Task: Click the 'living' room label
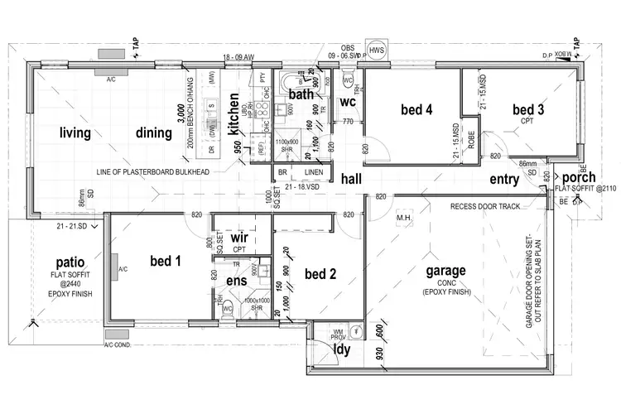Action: click(75, 132)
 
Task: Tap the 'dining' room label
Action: click(154, 132)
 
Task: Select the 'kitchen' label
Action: click(234, 114)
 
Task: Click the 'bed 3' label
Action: click(527, 109)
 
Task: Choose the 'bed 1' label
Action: click(166, 261)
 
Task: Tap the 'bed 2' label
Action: click(319, 274)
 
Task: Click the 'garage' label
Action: click(445, 270)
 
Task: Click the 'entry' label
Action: click(505, 178)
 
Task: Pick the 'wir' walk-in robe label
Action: click(239, 238)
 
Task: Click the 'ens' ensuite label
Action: click(236, 281)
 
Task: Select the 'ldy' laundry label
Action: click(340, 350)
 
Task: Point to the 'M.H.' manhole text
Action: click(404, 219)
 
